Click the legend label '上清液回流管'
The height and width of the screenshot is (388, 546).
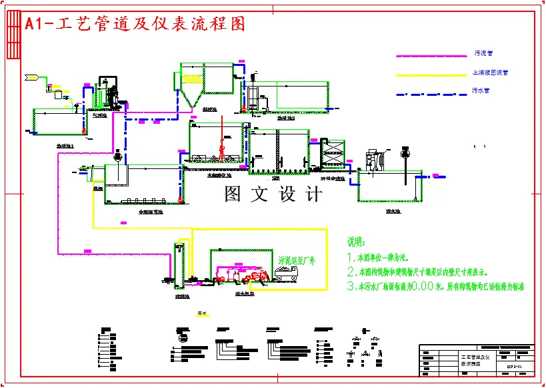click(489, 73)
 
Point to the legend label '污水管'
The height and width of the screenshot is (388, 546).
click(481, 91)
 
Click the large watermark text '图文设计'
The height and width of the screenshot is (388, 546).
click(273, 194)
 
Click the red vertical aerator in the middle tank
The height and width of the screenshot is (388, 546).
click(222, 136)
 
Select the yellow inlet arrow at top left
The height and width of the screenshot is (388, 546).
click(31, 77)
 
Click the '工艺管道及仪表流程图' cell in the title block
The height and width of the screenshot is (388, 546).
click(474, 361)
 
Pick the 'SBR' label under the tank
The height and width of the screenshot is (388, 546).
click(275, 178)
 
